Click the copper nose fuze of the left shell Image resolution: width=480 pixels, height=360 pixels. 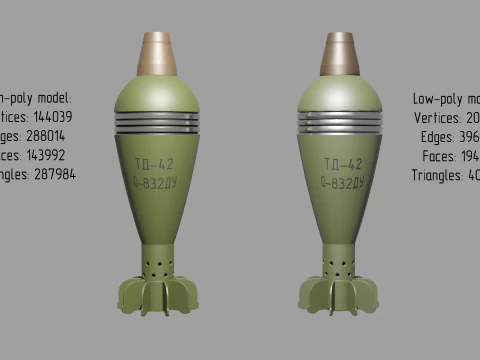[x=157, y=54]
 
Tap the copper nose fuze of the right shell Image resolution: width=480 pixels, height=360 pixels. [x=340, y=54]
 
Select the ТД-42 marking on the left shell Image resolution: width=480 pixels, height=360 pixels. [x=157, y=163]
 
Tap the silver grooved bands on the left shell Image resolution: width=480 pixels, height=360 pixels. [x=157, y=123]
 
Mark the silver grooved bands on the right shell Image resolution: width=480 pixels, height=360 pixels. [x=340, y=123]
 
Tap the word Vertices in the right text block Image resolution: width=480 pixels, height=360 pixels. [x=438, y=117]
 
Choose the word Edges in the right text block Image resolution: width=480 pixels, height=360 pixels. [x=438, y=136]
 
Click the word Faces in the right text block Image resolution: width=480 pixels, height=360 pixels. [x=440, y=155]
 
